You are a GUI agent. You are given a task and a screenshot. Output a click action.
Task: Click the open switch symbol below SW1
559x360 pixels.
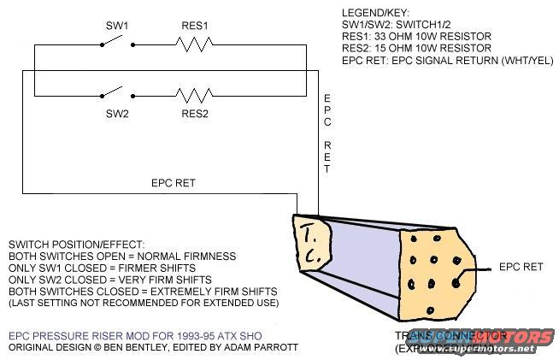[x=117, y=45]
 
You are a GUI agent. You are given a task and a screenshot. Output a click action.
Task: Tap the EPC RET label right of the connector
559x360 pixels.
[x=521, y=267]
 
